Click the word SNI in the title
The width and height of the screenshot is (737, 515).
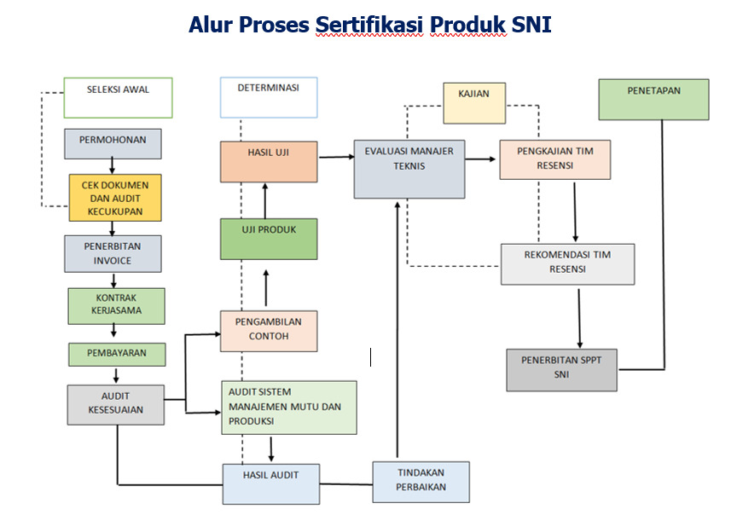(x=531, y=25)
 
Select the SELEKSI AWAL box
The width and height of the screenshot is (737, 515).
(x=118, y=97)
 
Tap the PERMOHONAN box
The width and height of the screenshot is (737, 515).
(x=113, y=143)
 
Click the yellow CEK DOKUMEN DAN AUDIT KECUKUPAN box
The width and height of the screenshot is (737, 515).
(x=115, y=198)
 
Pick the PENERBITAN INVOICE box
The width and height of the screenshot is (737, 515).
(x=113, y=253)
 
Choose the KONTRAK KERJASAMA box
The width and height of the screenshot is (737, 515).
(x=116, y=305)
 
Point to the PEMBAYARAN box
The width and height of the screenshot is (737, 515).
(x=117, y=353)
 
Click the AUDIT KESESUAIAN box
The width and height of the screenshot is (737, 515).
(x=115, y=403)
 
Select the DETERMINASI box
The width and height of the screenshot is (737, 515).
(x=268, y=97)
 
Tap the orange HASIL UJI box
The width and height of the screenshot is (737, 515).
(x=268, y=161)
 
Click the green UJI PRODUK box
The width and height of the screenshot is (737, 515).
(x=268, y=239)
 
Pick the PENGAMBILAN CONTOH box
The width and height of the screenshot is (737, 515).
(x=268, y=331)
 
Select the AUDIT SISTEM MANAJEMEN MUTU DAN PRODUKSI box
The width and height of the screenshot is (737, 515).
(x=287, y=407)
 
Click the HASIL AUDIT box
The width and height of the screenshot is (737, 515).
(x=270, y=483)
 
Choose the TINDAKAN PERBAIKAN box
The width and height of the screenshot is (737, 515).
(x=421, y=481)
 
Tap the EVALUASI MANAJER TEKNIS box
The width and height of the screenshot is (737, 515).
(x=409, y=169)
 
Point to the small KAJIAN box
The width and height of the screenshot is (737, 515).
(x=473, y=103)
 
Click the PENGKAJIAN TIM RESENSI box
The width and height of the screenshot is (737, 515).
(x=554, y=159)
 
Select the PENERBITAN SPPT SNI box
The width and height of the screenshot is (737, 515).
(x=561, y=369)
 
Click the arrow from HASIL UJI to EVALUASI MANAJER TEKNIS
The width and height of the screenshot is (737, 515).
(x=336, y=157)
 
